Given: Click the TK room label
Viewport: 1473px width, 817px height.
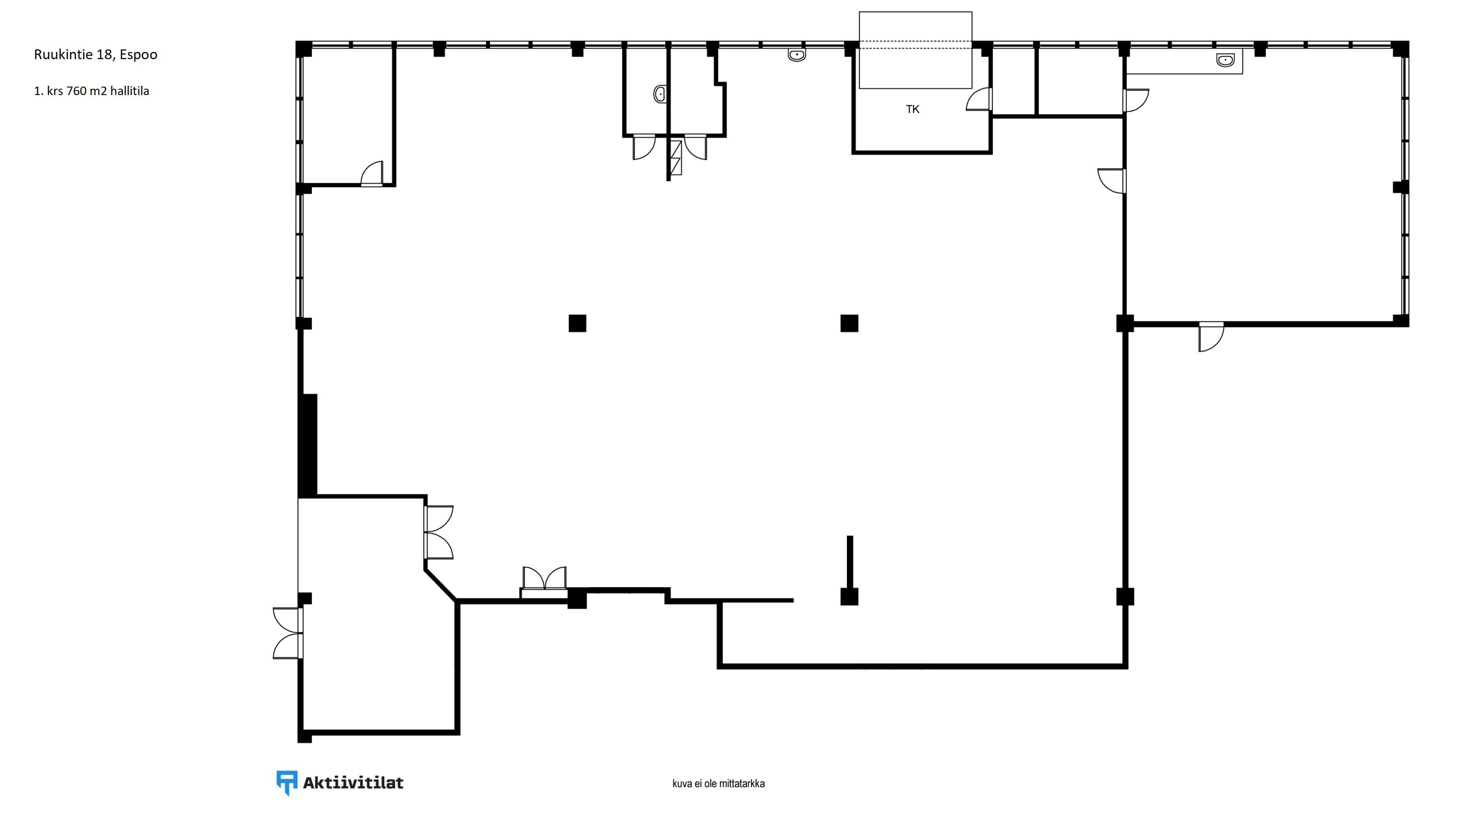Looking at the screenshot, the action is click(x=913, y=109).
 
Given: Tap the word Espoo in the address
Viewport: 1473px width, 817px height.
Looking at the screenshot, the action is click(x=138, y=55).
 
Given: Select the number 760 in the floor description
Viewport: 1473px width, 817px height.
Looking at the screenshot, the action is click(x=76, y=91).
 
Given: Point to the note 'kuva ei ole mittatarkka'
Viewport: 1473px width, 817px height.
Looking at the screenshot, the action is click(x=718, y=784).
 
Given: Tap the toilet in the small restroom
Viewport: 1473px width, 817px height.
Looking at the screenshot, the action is click(x=660, y=94).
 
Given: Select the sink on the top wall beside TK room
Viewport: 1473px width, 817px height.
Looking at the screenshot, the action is click(x=797, y=55).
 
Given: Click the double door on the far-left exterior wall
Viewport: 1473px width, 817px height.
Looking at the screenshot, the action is click(x=288, y=633).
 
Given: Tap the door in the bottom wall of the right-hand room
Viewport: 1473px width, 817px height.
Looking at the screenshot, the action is click(x=1211, y=337).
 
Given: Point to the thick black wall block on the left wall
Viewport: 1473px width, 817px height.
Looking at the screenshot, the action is click(x=308, y=445).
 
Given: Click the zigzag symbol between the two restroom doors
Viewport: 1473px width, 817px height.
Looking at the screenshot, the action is click(x=676, y=157).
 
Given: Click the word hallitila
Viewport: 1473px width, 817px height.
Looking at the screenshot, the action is click(x=130, y=91).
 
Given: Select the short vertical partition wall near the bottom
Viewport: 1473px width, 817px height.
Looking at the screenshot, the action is click(x=850, y=562).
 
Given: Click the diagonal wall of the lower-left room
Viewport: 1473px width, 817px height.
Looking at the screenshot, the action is click(x=440, y=585).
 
